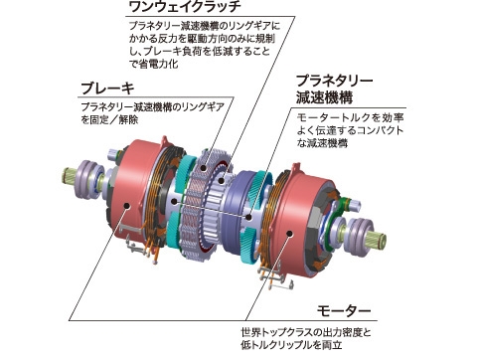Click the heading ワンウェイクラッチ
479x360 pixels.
coord(185,7)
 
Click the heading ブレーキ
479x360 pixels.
coord(108,89)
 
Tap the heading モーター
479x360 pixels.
coord(344,311)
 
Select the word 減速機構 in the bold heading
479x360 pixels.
coord(325,97)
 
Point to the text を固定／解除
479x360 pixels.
coord(109,119)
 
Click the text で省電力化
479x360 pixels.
coord(153,64)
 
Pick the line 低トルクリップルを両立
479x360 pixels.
coord(291,345)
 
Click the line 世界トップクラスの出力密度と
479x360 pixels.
coord(306,332)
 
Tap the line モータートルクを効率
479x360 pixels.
coord(350,117)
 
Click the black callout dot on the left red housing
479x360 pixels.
coord(126,206)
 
